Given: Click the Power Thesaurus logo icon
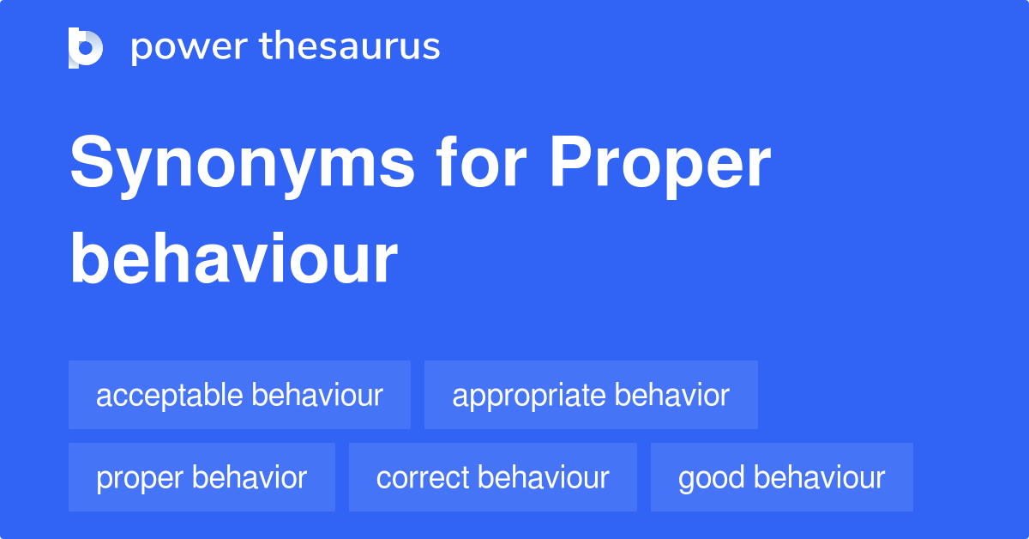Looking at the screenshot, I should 85,47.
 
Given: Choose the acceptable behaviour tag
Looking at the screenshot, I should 239,395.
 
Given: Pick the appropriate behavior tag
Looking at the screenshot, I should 591,395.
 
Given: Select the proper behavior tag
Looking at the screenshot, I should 202,477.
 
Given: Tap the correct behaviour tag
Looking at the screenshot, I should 492,477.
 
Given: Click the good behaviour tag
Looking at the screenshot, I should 781,477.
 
